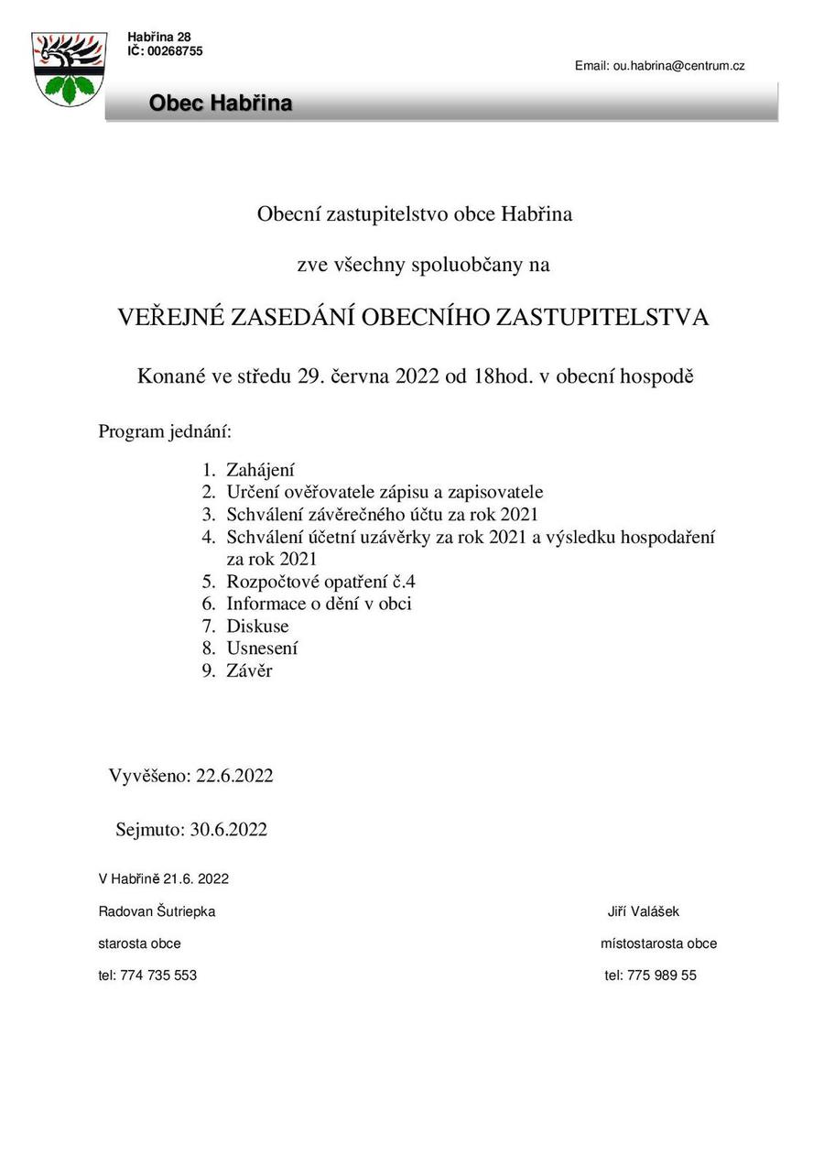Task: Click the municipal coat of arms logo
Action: point(68,69)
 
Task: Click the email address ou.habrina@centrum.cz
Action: point(678,66)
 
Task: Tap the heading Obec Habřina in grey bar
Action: point(221,104)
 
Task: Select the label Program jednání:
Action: point(165,430)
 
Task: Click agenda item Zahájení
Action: point(260,470)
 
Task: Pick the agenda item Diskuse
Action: point(257,626)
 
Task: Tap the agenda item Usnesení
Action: point(262,648)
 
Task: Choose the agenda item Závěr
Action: point(249,670)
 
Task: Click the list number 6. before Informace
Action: point(208,604)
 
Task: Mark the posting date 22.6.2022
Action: point(234,776)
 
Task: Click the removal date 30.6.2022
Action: point(228,830)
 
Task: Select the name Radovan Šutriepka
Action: point(157,911)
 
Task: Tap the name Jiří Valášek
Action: point(644,911)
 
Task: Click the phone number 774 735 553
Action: point(158,975)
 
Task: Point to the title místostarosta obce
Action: point(658,943)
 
